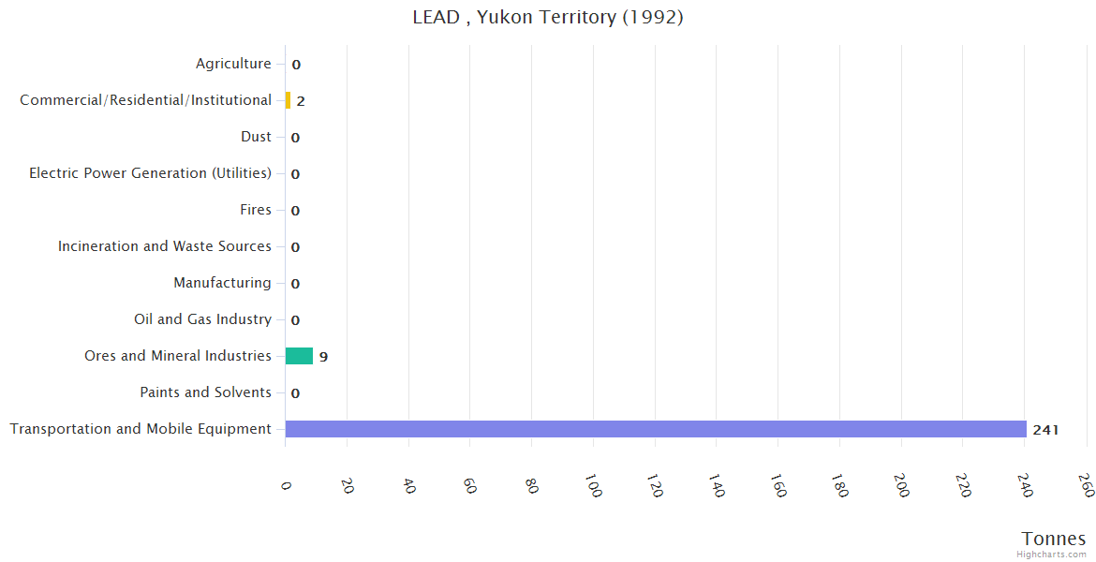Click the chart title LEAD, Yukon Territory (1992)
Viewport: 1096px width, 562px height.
coord(548,17)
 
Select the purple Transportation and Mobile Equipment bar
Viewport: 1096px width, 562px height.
coord(656,429)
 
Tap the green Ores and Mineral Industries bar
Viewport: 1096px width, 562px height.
coord(299,356)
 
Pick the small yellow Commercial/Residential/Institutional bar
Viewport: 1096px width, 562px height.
coord(288,100)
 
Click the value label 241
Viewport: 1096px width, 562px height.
coord(1045,430)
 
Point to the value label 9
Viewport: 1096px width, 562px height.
coord(323,357)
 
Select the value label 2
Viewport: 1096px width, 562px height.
coord(301,101)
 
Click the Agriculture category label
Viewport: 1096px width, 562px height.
coord(233,64)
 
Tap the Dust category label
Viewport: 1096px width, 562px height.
coord(256,137)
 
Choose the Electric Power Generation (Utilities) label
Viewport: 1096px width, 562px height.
coord(150,173)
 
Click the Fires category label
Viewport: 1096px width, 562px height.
coord(256,210)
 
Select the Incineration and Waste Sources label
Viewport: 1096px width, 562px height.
coord(165,246)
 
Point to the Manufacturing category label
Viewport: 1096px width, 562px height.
coord(222,283)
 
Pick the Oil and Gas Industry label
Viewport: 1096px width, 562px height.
coord(202,319)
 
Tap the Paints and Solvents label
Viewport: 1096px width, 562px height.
coord(205,392)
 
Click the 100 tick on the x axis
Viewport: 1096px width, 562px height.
coord(592,485)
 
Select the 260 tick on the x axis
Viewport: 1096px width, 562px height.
coord(1087,485)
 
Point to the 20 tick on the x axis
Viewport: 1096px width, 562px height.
coord(347,485)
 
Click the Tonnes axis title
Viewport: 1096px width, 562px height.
coord(1054,539)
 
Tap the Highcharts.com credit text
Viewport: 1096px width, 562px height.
coord(1052,555)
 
